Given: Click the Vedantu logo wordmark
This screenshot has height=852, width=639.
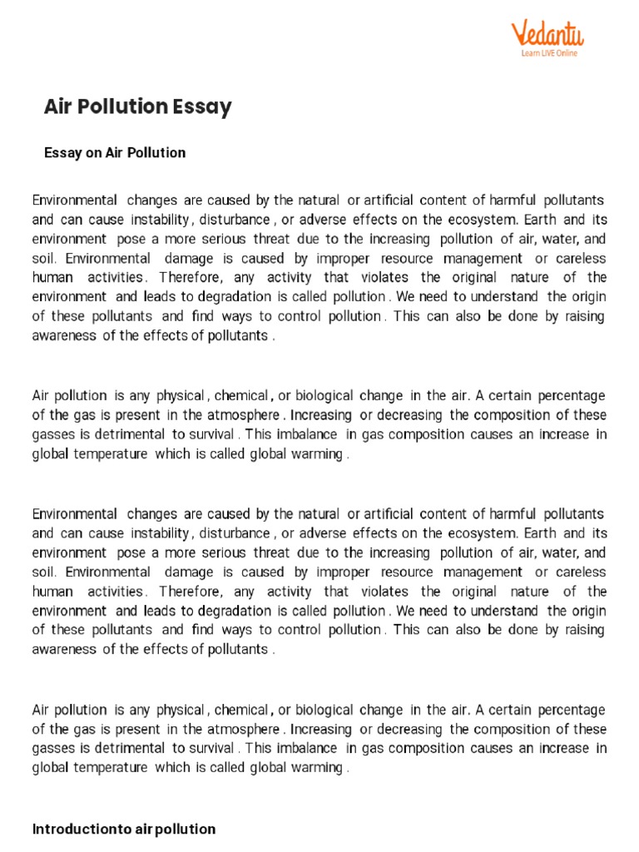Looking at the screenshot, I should click(x=548, y=35).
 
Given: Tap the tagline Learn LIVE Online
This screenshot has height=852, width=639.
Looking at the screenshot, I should click(x=549, y=53).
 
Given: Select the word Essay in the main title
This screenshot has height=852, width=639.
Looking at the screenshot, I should click(x=202, y=107).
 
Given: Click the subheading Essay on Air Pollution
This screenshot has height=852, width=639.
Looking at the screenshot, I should click(x=114, y=153).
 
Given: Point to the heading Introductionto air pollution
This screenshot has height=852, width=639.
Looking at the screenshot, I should click(x=123, y=829).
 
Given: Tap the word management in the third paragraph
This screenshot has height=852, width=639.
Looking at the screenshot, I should click(x=485, y=572).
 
